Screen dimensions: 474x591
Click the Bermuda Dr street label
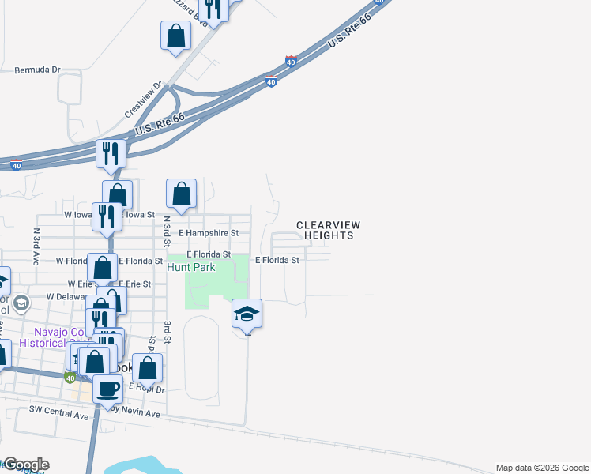tap(37, 70)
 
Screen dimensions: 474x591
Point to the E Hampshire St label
tap(208, 234)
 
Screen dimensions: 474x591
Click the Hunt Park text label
tap(191, 267)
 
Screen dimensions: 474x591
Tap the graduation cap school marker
tap(247, 314)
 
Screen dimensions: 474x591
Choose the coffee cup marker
tap(108, 389)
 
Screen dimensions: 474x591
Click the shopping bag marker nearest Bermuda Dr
tap(175, 36)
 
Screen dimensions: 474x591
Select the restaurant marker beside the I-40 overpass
tap(111, 153)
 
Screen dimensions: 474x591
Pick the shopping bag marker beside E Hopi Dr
tap(148, 368)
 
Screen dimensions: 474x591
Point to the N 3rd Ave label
tap(36, 246)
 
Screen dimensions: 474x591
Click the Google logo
tap(25, 465)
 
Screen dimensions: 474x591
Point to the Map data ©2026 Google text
tap(540, 468)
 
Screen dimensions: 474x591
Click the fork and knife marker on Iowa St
tap(106, 216)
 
